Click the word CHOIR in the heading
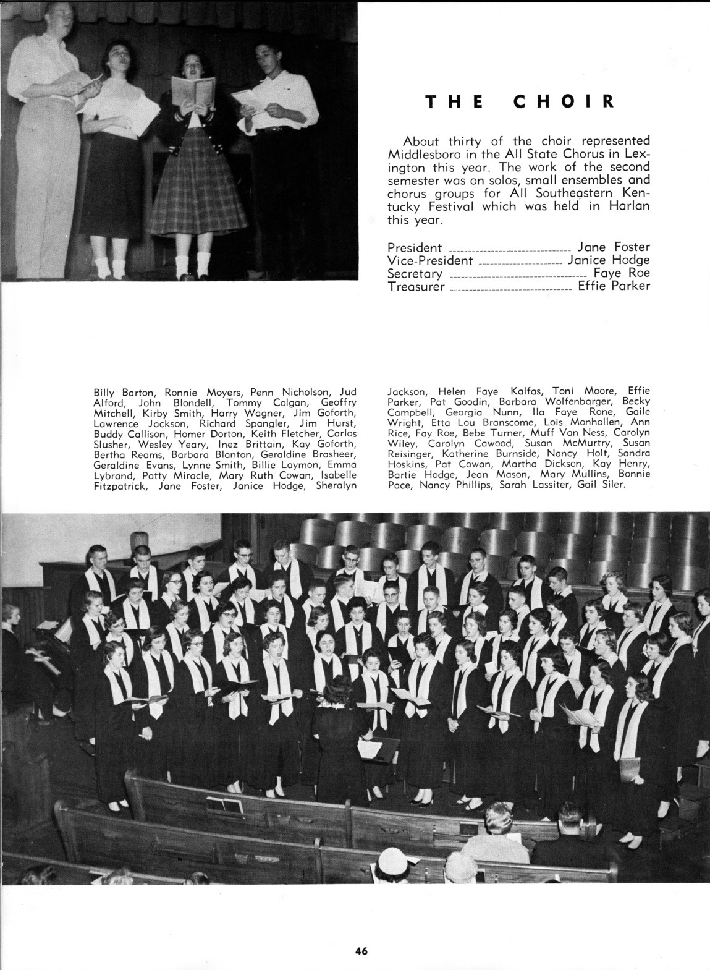coord(564,101)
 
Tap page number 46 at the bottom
coord(361,951)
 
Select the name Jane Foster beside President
coord(613,247)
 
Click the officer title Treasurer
coord(416,286)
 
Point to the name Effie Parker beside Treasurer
coord(614,286)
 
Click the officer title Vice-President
coord(429,260)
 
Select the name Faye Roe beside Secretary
coord(622,273)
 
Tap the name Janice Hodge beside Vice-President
coord(609,260)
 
